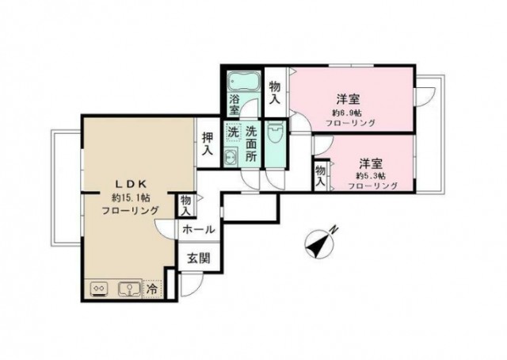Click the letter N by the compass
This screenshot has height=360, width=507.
(335, 231)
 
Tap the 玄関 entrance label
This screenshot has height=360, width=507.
(198, 258)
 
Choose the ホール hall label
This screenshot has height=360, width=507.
(197, 230)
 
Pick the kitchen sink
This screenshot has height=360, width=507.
(127, 289)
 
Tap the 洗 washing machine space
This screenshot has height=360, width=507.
(233, 133)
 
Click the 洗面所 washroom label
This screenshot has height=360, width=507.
(250, 144)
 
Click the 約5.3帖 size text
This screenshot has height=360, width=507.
(370, 174)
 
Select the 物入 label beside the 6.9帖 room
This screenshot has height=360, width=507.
(274, 93)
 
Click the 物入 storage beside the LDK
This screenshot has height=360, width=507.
(185, 205)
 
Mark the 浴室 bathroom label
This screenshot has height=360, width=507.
(234, 105)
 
